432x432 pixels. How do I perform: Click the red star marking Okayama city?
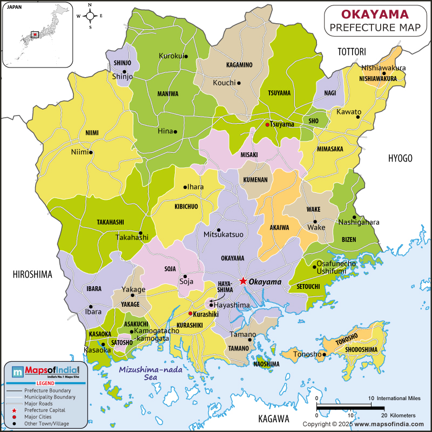tap(243, 281)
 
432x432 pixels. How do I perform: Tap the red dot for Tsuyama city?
tap(267, 125)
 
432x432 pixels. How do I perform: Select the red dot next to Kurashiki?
tap(190, 313)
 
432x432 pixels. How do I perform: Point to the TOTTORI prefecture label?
tap(352, 52)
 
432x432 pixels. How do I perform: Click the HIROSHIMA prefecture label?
tap(32, 274)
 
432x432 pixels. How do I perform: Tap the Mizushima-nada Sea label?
tap(145, 373)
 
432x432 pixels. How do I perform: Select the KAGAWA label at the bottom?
tap(273, 418)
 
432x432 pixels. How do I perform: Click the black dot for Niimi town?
tap(91, 152)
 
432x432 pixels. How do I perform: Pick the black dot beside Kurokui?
tap(186, 56)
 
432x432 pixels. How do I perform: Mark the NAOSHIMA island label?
tap(266, 364)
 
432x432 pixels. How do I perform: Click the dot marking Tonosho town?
tap(324, 355)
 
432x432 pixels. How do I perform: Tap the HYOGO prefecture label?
tap(400, 158)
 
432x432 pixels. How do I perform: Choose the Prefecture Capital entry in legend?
tap(40, 410)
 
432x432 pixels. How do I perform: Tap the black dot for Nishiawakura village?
tap(383, 73)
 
